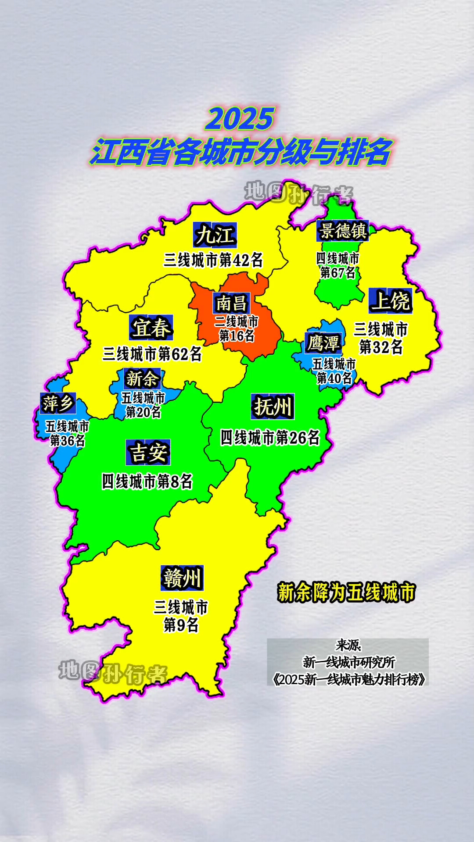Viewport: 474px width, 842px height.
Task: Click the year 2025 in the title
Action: [x=240, y=119]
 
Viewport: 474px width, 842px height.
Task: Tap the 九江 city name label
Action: [x=215, y=235]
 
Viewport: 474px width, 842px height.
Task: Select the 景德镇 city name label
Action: [x=343, y=231]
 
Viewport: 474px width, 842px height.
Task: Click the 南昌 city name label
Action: [x=232, y=303]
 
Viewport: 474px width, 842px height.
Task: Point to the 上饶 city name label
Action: [x=390, y=301]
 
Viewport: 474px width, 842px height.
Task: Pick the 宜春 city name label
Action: [x=151, y=328]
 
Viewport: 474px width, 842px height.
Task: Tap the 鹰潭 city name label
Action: [x=323, y=343]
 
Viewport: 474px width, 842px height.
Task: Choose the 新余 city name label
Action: [x=142, y=379]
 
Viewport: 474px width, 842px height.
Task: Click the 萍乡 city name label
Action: [x=57, y=403]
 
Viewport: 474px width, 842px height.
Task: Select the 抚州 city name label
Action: [x=273, y=407]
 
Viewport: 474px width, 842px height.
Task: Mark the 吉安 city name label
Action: [x=148, y=452]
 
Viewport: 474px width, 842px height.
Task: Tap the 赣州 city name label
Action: [x=182, y=578]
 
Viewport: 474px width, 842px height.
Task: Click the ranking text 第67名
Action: [x=338, y=272]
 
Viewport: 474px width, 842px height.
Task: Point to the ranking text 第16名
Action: [x=237, y=336]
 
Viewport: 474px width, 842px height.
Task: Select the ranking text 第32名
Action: [x=381, y=347]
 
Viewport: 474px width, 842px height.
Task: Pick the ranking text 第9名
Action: [x=181, y=625]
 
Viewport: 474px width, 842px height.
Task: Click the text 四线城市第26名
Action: [x=270, y=438]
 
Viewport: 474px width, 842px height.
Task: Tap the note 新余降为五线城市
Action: [x=346, y=592]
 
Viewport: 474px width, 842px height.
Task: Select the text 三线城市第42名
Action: [x=213, y=260]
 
